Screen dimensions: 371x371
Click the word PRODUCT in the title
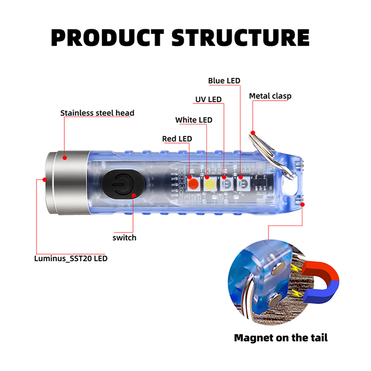point(108,38)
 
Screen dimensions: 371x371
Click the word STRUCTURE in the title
point(240,38)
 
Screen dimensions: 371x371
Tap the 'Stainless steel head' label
point(97,113)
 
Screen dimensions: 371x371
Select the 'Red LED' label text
point(177,139)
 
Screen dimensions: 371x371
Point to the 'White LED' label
point(194,120)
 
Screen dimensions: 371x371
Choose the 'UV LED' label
point(208,99)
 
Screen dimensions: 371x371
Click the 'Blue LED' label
point(224,81)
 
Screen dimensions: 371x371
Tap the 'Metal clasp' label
point(270,96)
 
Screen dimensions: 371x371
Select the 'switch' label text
point(124,238)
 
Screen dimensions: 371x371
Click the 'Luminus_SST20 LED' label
point(71,259)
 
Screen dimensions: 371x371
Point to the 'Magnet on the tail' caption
point(281,338)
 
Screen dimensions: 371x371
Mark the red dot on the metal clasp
point(253,133)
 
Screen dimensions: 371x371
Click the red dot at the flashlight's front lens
point(45,180)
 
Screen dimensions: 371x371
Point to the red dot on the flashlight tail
point(303,204)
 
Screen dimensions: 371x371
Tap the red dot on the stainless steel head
point(65,158)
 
